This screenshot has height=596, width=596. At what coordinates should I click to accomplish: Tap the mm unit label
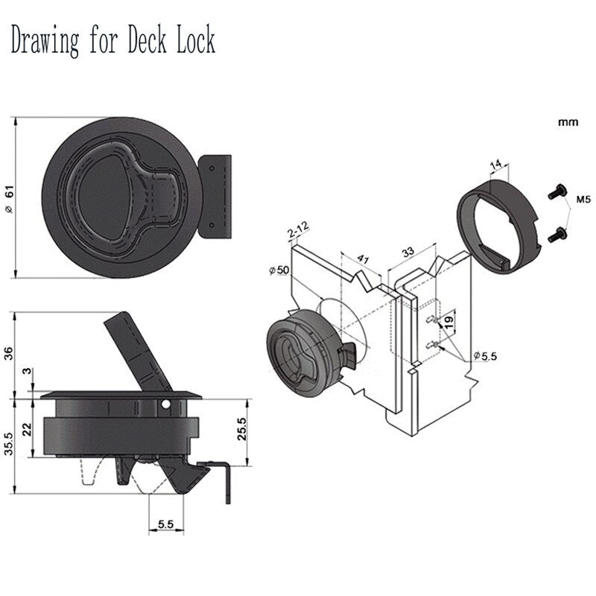568,121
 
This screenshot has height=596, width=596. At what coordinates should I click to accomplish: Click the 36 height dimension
10,353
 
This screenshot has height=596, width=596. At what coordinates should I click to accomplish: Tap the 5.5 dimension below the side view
165,525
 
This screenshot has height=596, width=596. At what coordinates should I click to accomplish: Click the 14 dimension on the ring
498,167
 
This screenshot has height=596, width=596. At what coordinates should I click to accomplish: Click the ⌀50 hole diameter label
276,270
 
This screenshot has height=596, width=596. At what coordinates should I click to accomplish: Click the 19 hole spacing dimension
449,323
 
